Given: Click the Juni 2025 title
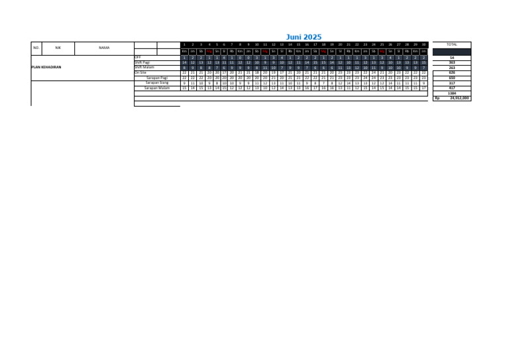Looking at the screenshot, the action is (x=304, y=37).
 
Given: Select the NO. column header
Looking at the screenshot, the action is (x=36, y=48).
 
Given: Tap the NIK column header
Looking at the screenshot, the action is (x=58, y=48).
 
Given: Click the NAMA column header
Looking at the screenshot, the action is (x=104, y=48).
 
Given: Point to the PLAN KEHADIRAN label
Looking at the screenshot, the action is (x=46, y=67).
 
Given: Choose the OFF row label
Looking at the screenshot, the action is (x=139, y=58).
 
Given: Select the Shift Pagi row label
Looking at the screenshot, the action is (x=142, y=62).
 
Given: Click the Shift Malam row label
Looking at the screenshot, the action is (x=144, y=67).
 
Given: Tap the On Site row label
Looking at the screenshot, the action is (x=141, y=72).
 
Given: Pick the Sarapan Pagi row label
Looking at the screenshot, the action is (x=157, y=78).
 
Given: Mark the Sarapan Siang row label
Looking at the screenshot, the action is (x=157, y=82).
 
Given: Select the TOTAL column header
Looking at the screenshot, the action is (x=452, y=44).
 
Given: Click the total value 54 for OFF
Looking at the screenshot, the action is (x=452, y=58).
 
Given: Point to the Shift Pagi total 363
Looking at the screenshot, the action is (x=452, y=62).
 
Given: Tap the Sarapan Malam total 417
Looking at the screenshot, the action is (x=452, y=88).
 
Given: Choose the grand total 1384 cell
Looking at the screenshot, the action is (x=452, y=93).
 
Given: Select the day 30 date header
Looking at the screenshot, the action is (x=424, y=44).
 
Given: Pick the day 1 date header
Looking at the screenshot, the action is (x=184, y=44).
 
